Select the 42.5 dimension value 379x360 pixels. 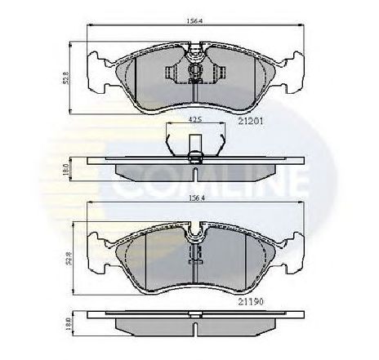[x=194, y=120]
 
